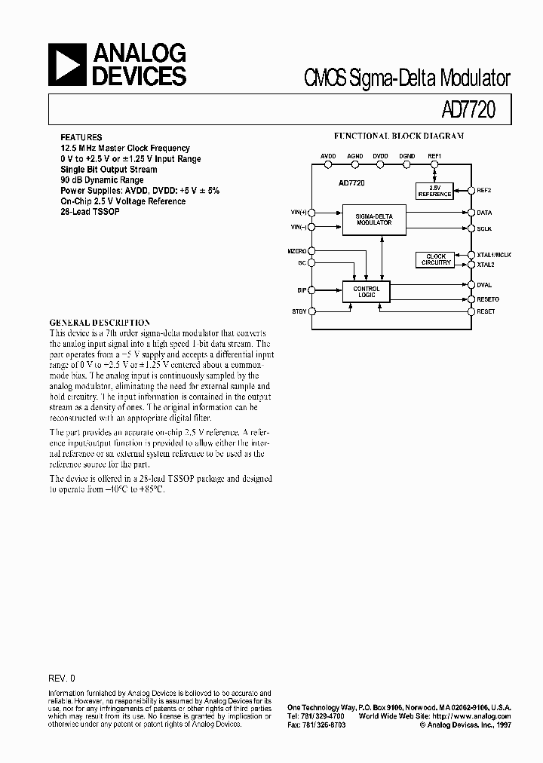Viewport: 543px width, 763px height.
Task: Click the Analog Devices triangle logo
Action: pyautogui.click(x=69, y=66)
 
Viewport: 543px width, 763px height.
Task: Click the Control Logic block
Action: pyautogui.click(x=367, y=291)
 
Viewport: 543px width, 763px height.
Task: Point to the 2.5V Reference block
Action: pyautogui.click(x=434, y=191)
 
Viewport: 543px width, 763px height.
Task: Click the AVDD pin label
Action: pyautogui.click(x=328, y=155)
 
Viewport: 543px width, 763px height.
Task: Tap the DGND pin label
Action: pyautogui.click(x=406, y=155)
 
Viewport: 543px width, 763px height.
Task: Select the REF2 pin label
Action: pyautogui.click(x=484, y=190)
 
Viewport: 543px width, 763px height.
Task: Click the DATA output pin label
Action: pyautogui.click(x=484, y=213)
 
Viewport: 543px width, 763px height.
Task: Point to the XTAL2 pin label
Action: pyautogui.click(x=485, y=265)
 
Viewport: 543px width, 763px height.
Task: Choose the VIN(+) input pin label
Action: pyautogui.click(x=299, y=213)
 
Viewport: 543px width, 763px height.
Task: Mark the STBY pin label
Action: pyautogui.click(x=299, y=311)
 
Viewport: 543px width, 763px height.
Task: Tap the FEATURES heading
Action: pyautogui.click(x=81, y=138)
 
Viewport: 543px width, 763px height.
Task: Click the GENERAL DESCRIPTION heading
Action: pyautogui.click(x=100, y=322)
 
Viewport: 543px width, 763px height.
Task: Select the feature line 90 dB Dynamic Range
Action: pyautogui.click(x=102, y=180)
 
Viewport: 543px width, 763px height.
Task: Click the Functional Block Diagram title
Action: pyautogui.click(x=399, y=136)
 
